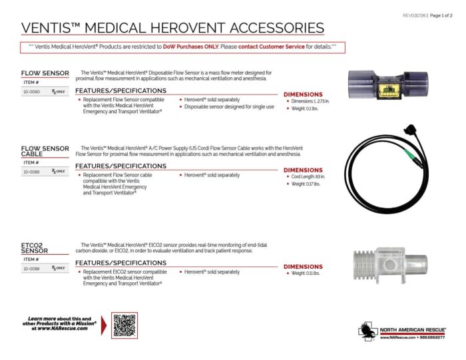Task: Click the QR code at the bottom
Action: [x=124, y=325]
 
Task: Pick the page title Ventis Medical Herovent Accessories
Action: [x=172, y=27]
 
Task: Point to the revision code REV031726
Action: [x=416, y=15]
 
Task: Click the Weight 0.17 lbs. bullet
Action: [x=306, y=184]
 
